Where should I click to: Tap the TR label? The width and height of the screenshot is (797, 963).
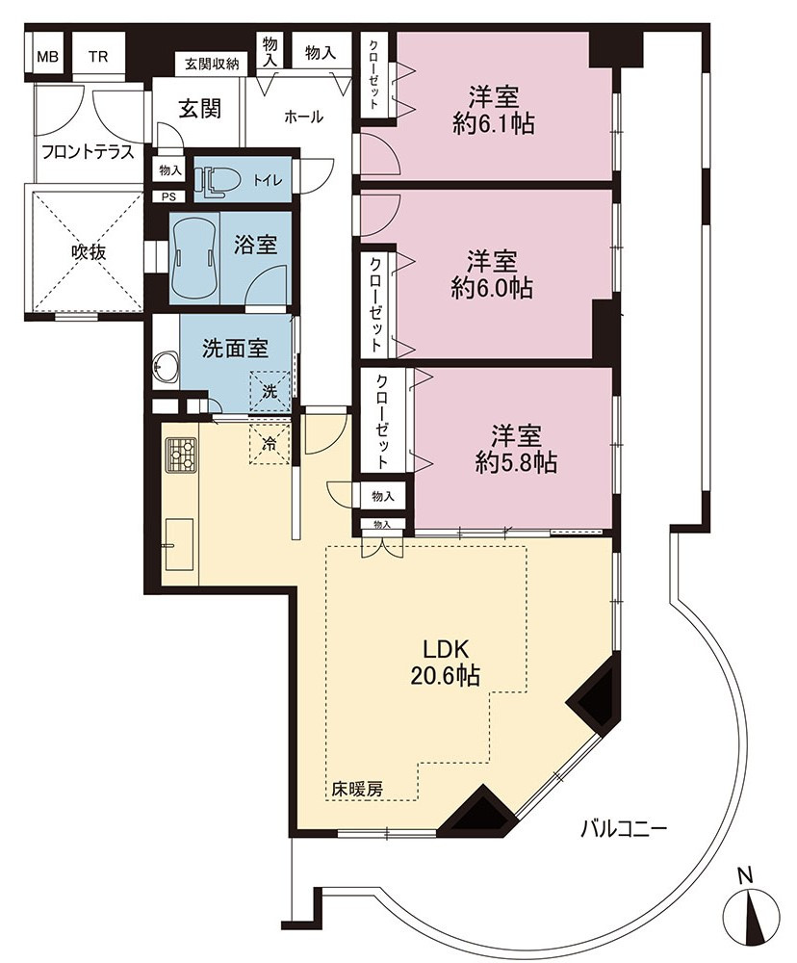(97, 57)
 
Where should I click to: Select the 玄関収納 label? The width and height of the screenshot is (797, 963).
(212, 64)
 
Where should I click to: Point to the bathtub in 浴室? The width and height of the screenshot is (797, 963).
(194, 258)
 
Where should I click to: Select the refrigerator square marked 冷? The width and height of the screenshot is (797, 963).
(269, 443)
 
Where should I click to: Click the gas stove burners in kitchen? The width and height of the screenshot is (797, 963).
(181, 455)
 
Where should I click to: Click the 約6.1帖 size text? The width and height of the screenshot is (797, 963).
(493, 124)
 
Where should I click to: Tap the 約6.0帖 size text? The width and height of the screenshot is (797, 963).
(491, 289)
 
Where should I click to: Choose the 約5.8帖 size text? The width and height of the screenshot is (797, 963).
(516, 462)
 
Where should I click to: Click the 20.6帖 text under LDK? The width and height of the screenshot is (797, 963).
(446, 676)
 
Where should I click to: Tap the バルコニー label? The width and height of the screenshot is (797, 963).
(624, 832)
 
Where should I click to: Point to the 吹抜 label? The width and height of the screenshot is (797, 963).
(89, 251)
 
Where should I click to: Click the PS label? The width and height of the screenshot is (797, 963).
(168, 197)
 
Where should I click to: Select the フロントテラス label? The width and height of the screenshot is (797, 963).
(88, 152)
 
